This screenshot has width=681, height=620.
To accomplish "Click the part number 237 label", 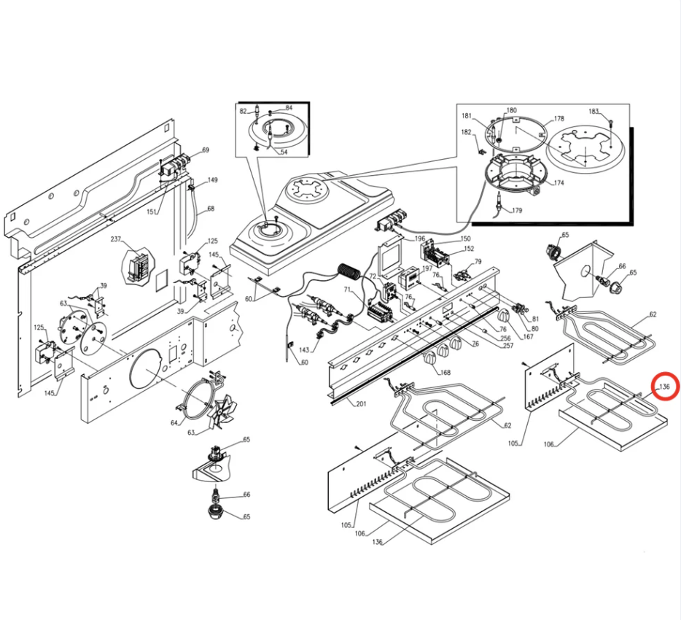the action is click(115, 239).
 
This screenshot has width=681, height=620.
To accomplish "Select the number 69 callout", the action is click(206, 150).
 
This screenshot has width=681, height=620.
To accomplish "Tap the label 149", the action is click(212, 180).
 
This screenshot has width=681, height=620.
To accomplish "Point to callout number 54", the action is click(284, 152).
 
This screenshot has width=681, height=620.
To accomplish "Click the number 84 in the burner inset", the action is click(289, 108).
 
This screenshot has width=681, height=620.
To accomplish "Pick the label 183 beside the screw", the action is click(594, 111).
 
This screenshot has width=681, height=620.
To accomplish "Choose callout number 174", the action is click(559, 183).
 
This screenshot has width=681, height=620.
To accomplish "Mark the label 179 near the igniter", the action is click(517, 211).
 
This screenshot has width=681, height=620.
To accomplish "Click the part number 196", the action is click(419, 239).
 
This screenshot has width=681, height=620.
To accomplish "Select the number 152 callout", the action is click(469, 249).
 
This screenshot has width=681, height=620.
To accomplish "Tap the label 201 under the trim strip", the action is click(361, 403).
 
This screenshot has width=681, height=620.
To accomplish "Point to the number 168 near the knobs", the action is click(445, 372).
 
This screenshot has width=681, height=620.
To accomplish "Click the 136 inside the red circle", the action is click(664, 387).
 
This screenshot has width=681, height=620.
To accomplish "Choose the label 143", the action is click(304, 350).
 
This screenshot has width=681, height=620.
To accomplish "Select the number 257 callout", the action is click(507, 346).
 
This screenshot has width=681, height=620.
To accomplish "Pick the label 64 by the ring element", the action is click(174, 423).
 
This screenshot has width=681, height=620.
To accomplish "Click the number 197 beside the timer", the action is click(427, 268).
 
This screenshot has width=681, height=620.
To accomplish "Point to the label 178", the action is click(559, 118).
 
